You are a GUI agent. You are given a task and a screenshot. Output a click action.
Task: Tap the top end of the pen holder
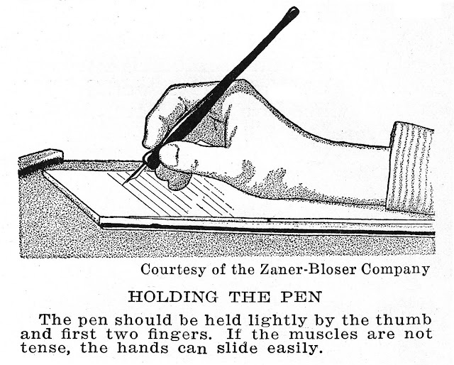(292, 11)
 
